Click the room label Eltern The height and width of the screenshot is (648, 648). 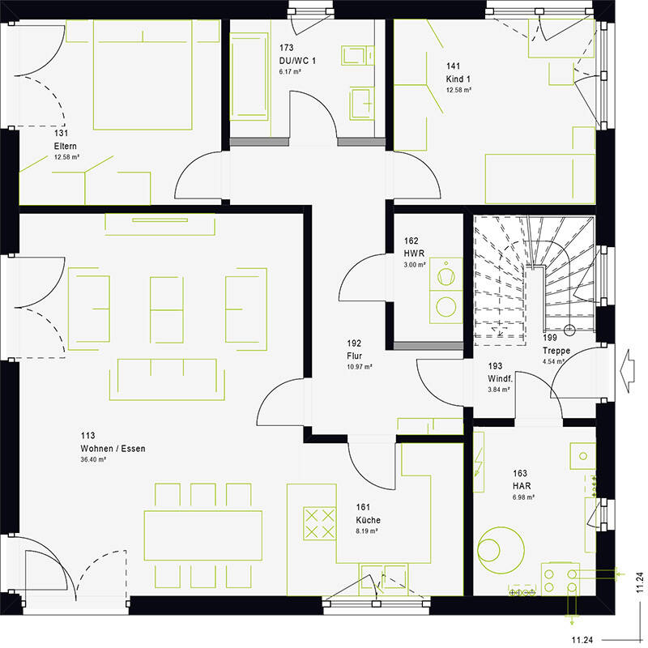(x=66, y=147)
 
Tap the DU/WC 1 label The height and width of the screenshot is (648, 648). (x=297, y=61)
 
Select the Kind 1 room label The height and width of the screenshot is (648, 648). (x=458, y=79)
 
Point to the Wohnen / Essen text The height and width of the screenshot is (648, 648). (x=113, y=449)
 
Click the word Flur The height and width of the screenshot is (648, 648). (x=355, y=356)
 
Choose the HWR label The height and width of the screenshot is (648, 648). (x=414, y=254)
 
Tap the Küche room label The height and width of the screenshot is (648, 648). (x=369, y=520)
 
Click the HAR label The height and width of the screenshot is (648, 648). (x=522, y=486)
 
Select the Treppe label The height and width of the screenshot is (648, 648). (x=556, y=351)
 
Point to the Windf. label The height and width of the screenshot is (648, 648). (x=500, y=379)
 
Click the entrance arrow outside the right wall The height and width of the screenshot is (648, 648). (x=627, y=370)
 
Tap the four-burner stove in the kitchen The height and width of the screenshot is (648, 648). (x=319, y=523)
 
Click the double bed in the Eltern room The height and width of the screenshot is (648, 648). (x=143, y=75)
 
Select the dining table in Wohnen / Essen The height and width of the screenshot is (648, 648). (x=203, y=535)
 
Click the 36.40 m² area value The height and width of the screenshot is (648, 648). (x=93, y=459)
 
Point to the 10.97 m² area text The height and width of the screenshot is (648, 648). (x=360, y=367)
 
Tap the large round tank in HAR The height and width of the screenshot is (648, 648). (x=501, y=550)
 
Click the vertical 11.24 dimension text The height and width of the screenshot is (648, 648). (x=639, y=582)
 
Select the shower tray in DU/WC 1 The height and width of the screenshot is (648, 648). (x=249, y=77)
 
